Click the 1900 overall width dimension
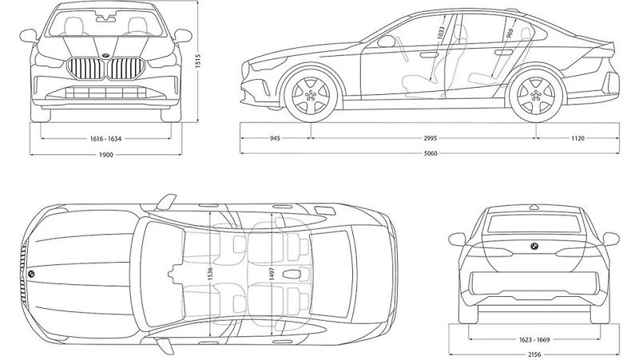[105, 155]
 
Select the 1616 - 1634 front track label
[105, 139]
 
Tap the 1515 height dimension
[198, 61]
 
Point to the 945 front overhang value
[275, 138]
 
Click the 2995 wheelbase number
[430, 138]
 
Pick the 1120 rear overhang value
[577, 138]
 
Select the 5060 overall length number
[431, 154]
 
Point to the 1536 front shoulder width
[210, 273]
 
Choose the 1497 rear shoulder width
[272, 273]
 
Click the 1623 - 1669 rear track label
[534, 339]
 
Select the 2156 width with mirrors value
[534, 354]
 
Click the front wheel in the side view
[312, 96]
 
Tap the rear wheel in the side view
[535, 96]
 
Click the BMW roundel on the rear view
[534, 246]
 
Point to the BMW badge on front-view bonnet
[105, 56]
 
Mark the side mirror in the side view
[387, 42]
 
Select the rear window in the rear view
[534, 224]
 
